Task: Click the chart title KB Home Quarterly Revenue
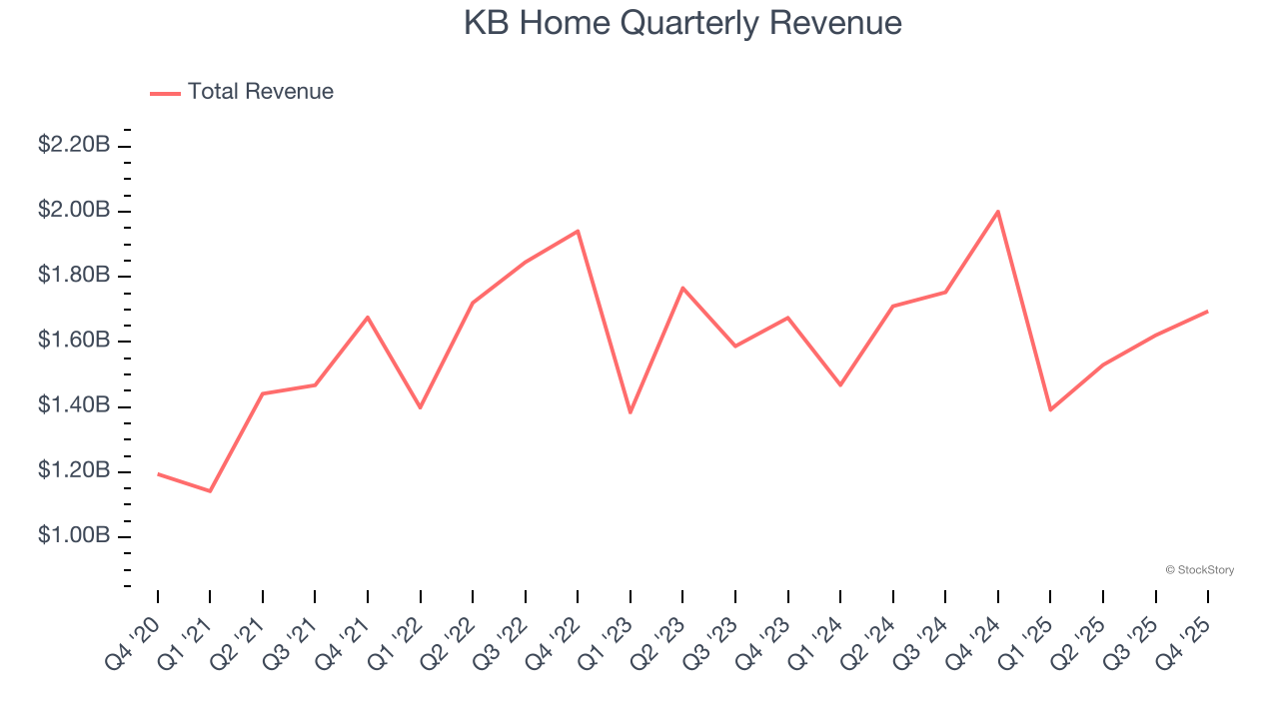(682, 23)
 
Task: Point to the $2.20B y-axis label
(74, 145)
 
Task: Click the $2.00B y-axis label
(74, 210)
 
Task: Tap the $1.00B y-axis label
(74, 535)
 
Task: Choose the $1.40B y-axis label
(74, 405)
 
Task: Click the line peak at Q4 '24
(998, 212)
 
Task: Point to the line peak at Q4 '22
(578, 231)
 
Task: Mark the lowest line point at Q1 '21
(210, 491)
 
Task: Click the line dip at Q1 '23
(631, 412)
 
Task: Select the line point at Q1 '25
(1050, 409)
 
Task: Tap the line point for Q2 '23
(682, 288)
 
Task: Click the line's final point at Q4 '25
(1207, 312)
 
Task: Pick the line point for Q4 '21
(368, 318)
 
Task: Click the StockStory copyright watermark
(1199, 570)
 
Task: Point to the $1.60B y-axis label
(74, 341)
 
